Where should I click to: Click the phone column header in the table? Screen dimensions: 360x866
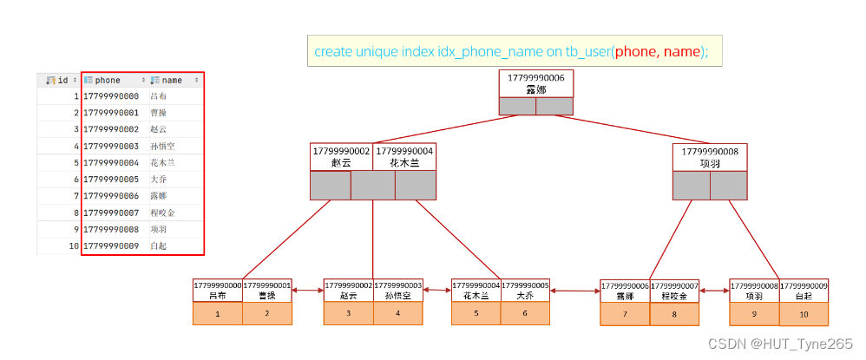click(x=108, y=80)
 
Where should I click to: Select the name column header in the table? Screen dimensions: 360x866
click(x=172, y=80)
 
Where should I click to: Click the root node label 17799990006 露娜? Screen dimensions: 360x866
click(x=535, y=83)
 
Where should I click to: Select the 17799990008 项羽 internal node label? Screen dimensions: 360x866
click(x=710, y=157)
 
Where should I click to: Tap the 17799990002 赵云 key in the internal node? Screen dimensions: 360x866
click(x=341, y=156)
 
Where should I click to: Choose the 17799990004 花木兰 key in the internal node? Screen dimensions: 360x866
click(x=403, y=156)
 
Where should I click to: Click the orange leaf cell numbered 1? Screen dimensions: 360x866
click(x=217, y=313)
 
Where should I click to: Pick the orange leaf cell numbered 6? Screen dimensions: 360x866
click(x=525, y=313)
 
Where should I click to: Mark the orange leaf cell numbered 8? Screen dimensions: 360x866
click(x=673, y=313)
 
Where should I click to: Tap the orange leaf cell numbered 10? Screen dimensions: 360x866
click(x=804, y=313)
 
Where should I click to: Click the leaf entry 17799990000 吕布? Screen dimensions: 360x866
click(x=217, y=290)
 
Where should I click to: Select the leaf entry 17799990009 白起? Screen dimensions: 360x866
click(x=804, y=290)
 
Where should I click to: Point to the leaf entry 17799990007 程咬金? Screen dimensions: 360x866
click(x=674, y=290)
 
